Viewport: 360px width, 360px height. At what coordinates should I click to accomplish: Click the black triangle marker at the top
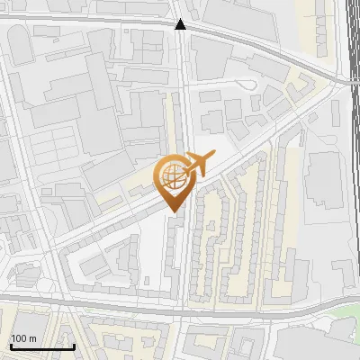pyautogui.click(x=182, y=24)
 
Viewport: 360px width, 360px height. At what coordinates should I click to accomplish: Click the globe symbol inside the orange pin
pyautogui.click(x=174, y=177)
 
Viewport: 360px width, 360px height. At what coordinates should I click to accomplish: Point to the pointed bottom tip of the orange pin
pyautogui.click(x=174, y=211)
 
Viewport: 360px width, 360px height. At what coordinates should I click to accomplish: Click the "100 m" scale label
pyautogui.click(x=23, y=337)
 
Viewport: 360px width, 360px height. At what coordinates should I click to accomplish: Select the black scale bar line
pyautogui.click(x=41, y=346)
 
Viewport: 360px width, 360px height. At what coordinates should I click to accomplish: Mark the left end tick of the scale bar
pyautogui.click(x=10, y=344)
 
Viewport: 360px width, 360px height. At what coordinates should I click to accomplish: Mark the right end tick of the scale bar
pyautogui.click(x=74, y=344)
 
